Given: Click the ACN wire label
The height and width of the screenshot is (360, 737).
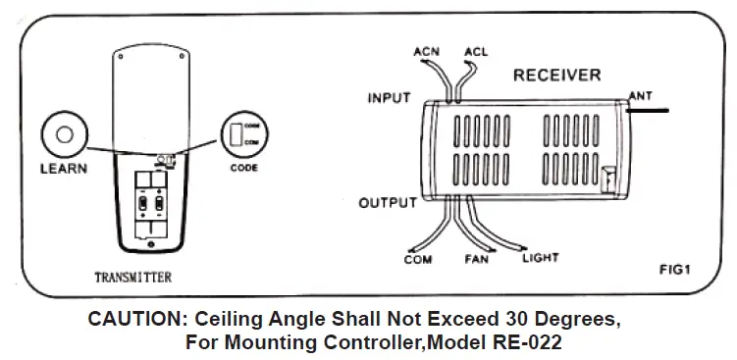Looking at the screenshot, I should click(427, 50).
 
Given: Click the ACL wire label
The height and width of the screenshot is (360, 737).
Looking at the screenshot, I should click(476, 50).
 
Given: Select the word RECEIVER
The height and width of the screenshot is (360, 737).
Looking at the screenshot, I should click(557, 76).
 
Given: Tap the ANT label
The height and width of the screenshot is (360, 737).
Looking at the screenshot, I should click(638, 95).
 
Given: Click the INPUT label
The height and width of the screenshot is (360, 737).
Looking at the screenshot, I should click(390, 98).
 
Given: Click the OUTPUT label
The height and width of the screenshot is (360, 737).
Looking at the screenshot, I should click(387, 203).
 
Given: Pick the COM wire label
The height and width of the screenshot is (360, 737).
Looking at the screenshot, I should click(418, 260).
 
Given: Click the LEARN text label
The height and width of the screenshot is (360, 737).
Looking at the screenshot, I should click(64, 168).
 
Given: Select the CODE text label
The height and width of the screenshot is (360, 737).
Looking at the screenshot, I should click(243, 168).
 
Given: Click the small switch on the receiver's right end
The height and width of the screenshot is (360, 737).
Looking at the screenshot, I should click(607, 180).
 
